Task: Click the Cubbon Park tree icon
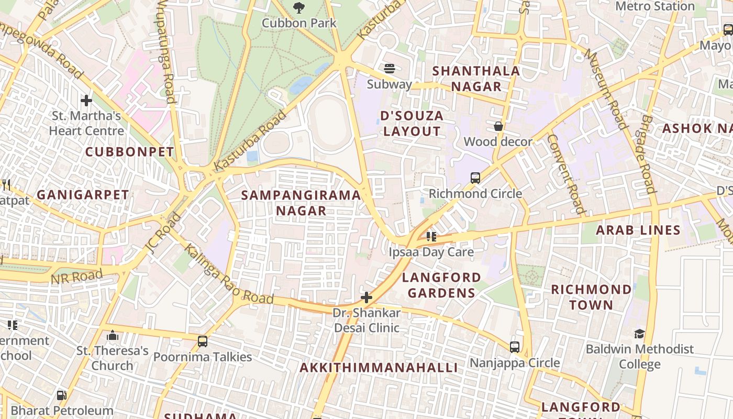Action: [298, 8]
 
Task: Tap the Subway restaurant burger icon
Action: [389, 69]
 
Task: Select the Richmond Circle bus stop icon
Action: [475, 178]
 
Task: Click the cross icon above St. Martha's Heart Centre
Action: [86, 100]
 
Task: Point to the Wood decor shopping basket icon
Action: [498, 126]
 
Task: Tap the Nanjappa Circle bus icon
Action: [515, 347]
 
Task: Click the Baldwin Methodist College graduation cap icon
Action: [639, 334]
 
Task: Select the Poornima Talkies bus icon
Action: [203, 341]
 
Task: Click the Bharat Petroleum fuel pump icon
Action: [61, 395]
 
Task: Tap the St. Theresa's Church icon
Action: [113, 335]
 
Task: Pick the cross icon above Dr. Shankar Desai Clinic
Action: [366, 297]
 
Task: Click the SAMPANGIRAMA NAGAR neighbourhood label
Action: [301, 203]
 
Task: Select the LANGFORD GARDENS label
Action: [441, 284]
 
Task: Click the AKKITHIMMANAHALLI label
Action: [379, 368]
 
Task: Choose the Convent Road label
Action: [565, 174]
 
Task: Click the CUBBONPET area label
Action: [129, 152]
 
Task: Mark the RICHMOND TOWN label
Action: [591, 297]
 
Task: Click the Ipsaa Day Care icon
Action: [431, 236]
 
